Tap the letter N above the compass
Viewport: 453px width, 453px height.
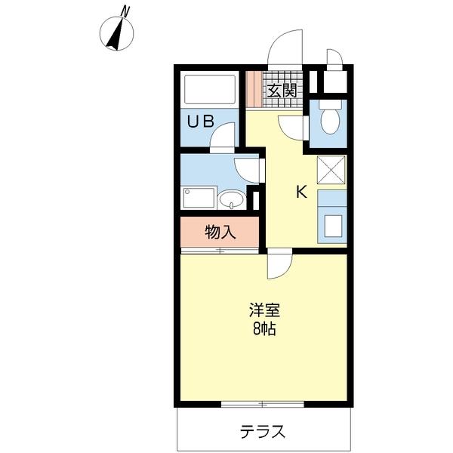(x=126, y=11)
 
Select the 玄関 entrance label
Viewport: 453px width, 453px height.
(x=279, y=91)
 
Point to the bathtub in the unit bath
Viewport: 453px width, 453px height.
(x=211, y=91)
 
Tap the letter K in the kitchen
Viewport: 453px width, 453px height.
(x=300, y=193)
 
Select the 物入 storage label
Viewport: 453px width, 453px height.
(x=220, y=232)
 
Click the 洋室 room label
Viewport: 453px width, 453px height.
(x=263, y=310)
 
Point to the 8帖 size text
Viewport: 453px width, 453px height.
(x=263, y=329)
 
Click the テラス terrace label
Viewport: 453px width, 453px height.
(x=263, y=432)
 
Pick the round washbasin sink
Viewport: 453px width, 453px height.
(x=232, y=199)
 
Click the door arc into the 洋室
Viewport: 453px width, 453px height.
(x=279, y=264)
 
